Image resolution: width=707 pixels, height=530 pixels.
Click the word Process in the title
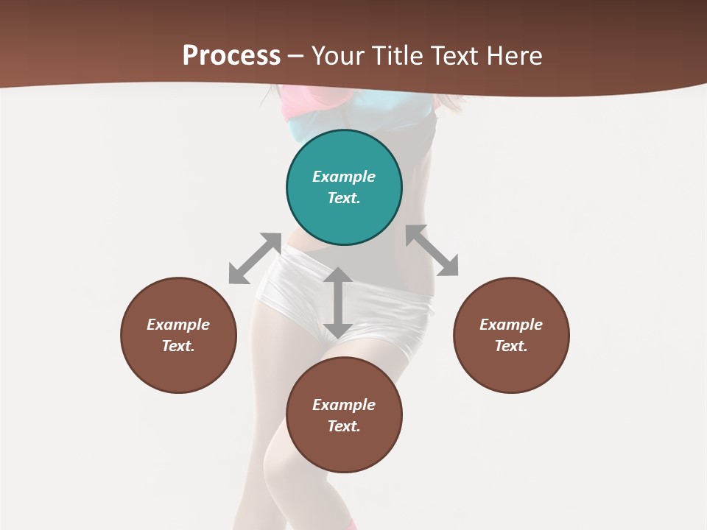[x=231, y=56]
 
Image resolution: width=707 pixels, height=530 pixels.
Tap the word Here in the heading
[x=513, y=56]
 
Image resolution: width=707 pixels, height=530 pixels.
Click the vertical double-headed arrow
[x=337, y=303]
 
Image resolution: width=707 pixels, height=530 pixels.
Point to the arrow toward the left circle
[x=255, y=258]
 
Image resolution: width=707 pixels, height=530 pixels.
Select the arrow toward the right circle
[x=432, y=250]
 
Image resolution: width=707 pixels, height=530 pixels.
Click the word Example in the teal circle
[x=344, y=177]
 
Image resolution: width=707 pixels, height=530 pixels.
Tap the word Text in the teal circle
[x=344, y=198]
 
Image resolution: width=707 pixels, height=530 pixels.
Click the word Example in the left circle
[x=178, y=325]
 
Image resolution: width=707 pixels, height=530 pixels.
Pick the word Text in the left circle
[x=178, y=346]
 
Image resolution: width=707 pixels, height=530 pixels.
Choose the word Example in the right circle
[x=511, y=325]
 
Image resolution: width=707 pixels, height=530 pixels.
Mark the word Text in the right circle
[x=511, y=346]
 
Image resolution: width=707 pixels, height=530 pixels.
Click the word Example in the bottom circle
[x=344, y=405]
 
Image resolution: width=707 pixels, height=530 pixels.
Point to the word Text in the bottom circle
[x=344, y=426]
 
